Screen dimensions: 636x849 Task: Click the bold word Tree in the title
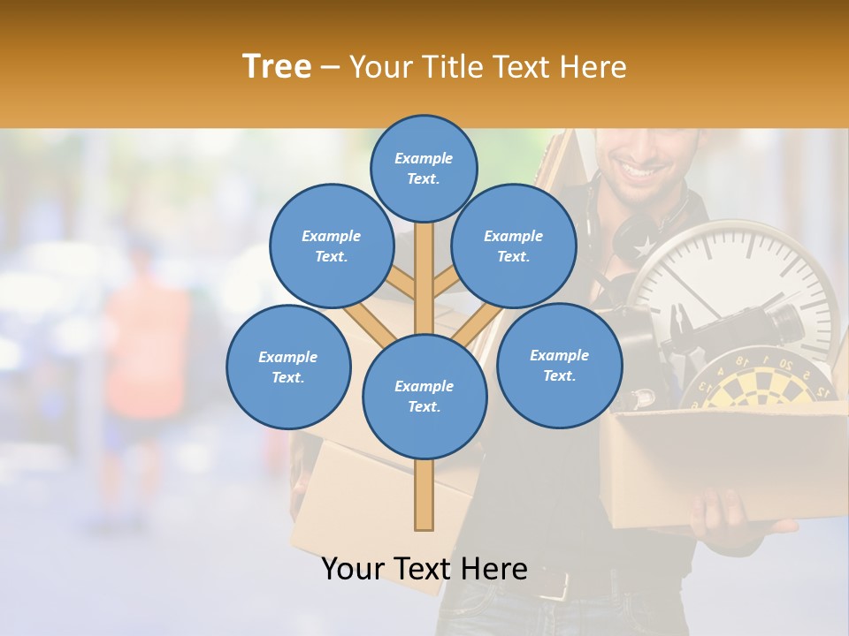(277, 67)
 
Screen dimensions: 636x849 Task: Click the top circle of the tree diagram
(424, 168)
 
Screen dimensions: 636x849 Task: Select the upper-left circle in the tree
(331, 246)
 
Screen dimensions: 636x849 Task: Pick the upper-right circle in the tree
(514, 246)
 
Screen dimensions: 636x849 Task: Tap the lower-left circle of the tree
(288, 367)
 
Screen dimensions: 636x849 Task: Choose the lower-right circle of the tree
(559, 365)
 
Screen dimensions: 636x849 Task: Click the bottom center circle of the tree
(424, 396)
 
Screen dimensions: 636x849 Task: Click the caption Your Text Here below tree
(424, 569)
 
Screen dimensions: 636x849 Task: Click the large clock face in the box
(743, 283)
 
